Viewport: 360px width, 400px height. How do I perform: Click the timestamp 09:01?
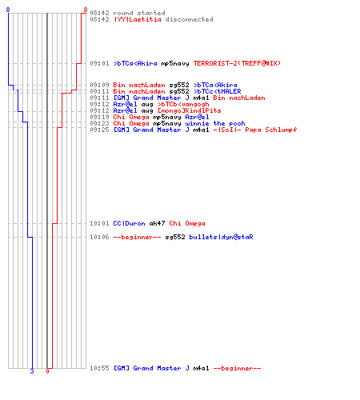(x=99, y=63)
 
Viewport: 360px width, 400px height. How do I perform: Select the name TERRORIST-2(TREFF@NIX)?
(x=237, y=63)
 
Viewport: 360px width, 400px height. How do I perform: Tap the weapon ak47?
(x=157, y=223)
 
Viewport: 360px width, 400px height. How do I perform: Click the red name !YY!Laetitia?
(x=138, y=19)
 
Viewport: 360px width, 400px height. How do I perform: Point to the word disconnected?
(x=189, y=19)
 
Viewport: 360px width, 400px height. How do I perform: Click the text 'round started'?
(x=139, y=13)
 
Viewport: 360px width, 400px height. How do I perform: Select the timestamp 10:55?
(x=99, y=368)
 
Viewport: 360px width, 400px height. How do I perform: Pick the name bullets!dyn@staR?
(x=221, y=237)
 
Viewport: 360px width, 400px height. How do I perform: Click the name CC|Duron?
(x=129, y=223)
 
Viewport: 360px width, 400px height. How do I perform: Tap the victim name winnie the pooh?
(x=215, y=123)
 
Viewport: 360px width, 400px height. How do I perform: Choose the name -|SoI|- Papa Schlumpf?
(x=255, y=130)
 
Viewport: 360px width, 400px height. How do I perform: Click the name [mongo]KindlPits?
(x=190, y=110)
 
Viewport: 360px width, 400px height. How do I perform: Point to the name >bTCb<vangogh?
(x=183, y=104)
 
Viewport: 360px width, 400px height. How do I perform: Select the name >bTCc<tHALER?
(x=218, y=91)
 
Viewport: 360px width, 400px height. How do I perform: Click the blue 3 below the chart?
(x=32, y=371)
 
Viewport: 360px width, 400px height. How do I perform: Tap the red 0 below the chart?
(x=47, y=371)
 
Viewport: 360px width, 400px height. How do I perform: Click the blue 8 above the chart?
(x=8, y=10)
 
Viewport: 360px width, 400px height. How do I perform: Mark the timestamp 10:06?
(x=99, y=237)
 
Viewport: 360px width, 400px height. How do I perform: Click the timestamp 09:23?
(x=99, y=123)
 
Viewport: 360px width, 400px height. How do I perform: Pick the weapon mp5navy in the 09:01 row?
(x=175, y=64)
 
